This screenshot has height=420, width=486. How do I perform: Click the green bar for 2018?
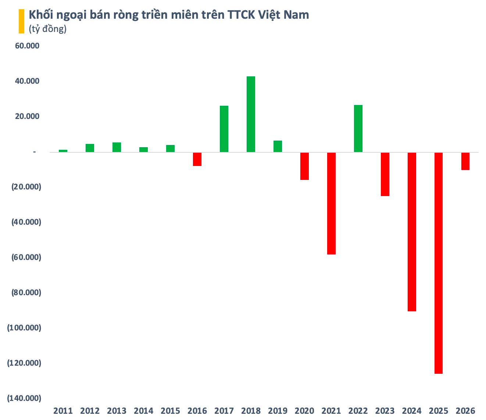[x=251, y=114]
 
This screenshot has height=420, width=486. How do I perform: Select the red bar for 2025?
[x=439, y=263]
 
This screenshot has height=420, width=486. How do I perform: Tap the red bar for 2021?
[x=331, y=203]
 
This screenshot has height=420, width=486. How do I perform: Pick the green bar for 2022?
[x=358, y=128]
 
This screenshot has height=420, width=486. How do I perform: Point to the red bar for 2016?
[x=197, y=159]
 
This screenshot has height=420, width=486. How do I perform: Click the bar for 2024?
[x=412, y=232]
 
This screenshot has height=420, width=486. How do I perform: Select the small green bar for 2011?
[x=63, y=151]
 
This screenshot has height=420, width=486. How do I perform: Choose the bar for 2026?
[x=465, y=161]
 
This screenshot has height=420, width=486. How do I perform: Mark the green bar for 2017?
[x=224, y=129]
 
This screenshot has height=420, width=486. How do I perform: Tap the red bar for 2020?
[x=304, y=166]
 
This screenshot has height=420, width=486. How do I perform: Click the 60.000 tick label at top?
[x=27, y=46]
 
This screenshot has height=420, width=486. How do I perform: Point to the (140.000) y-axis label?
[x=24, y=398]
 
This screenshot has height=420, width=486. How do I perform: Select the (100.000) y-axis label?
[x=24, y=328]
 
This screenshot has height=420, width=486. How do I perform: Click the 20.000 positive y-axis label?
[x=27, y=116]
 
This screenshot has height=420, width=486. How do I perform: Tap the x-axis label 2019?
[x=278, y=410]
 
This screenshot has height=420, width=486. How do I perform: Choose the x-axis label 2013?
[x=117, y=410]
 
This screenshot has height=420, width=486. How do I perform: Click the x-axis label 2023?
[x=385, y=410]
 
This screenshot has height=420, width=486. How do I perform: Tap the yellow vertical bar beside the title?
[x=21, y=21]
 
